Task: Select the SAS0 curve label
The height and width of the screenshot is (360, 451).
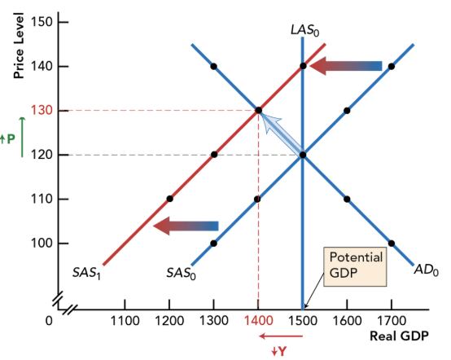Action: [180, 271]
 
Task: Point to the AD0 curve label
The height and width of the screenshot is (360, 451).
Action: [426, 270]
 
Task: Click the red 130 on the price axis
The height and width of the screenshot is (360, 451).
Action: [43, 110]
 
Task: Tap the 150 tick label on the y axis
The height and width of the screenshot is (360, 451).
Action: [43, 21]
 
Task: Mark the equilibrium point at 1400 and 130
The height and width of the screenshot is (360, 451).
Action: [258, 110]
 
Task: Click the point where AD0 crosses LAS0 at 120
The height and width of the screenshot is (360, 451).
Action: [302, 155]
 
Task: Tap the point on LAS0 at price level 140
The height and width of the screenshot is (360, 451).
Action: [302, 66]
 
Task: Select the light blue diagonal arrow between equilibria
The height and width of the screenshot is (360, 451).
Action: [280, 133]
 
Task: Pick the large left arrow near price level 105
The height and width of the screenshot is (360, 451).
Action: [186, 226]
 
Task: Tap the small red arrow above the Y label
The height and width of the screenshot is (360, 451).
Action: [282, 336]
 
